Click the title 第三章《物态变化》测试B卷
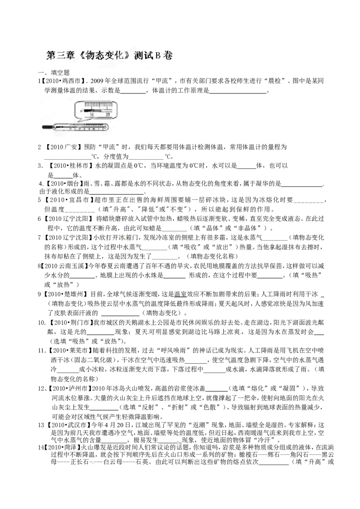pos(109,55)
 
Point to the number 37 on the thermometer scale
pos(108,114)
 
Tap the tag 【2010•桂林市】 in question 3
pos(69,165)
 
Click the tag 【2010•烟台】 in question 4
pos(63,184)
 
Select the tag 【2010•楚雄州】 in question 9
pos(64,295)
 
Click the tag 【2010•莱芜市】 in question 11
pos(68,351)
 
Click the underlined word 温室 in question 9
pos(180,295)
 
